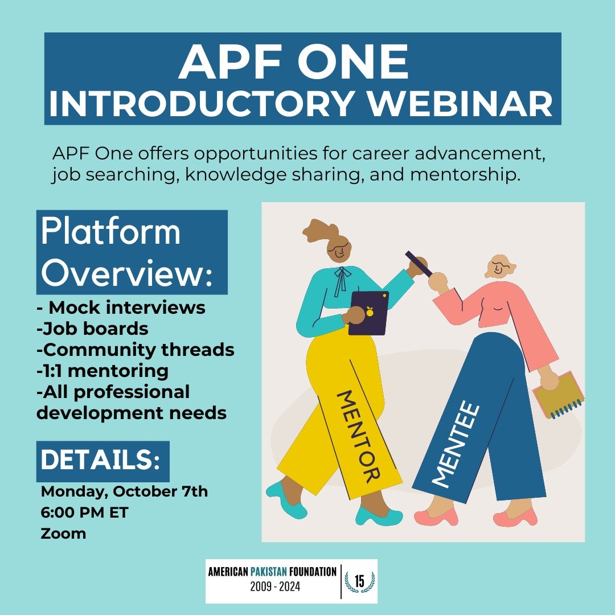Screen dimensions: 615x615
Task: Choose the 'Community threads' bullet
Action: pyautogui.click(x=135, y=350)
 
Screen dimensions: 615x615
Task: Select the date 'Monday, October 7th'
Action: pyautogui.click(x=124, y=491)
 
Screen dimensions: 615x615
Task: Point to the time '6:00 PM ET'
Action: pyautogui.click(x=85, y=512)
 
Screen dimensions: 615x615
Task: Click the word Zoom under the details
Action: pyautogui.click(x=63, y=534)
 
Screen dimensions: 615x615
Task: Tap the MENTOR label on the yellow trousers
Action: pyautogui.click(x=358, y=435)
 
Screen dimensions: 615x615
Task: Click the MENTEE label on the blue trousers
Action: pyautogui.click(x=456, y=444)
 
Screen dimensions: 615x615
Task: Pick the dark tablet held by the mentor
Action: pyautogui.click(x=368, y=312)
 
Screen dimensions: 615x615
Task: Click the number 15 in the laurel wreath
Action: pyautogui.click(x=359, y=581)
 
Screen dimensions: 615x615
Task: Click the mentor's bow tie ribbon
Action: pyautogui.click(x=341, y=280)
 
